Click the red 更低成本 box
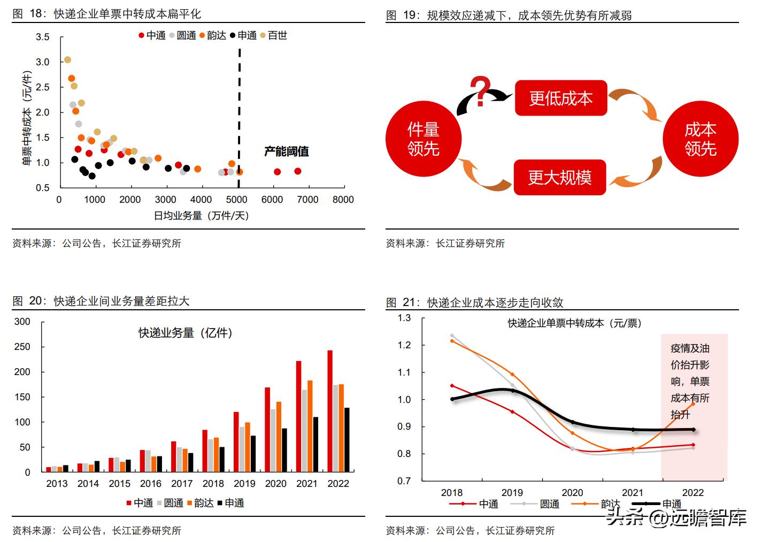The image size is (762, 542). (560, 98)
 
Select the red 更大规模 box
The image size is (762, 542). (560, 177)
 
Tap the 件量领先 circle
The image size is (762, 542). (423, 139)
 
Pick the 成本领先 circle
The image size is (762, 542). (700, 139)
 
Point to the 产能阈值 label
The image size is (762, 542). (287, 151)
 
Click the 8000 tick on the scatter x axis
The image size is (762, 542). (343, 200)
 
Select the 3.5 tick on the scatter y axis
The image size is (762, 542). (43, 37)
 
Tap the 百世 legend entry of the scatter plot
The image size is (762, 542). (274, 35)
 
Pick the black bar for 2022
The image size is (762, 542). (347, 439)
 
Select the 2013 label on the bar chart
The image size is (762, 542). (57, 484)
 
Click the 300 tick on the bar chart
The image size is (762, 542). (22, 322)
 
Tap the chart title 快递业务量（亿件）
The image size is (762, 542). (185, 333)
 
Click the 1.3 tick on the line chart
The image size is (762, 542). (404, 318)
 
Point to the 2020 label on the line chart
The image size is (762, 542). (572, 492)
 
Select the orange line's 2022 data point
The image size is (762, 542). (694, 404)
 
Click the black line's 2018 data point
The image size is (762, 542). (452, 399)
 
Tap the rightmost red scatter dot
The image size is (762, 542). (298, 171)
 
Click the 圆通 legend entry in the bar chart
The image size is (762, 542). (170, 503)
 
